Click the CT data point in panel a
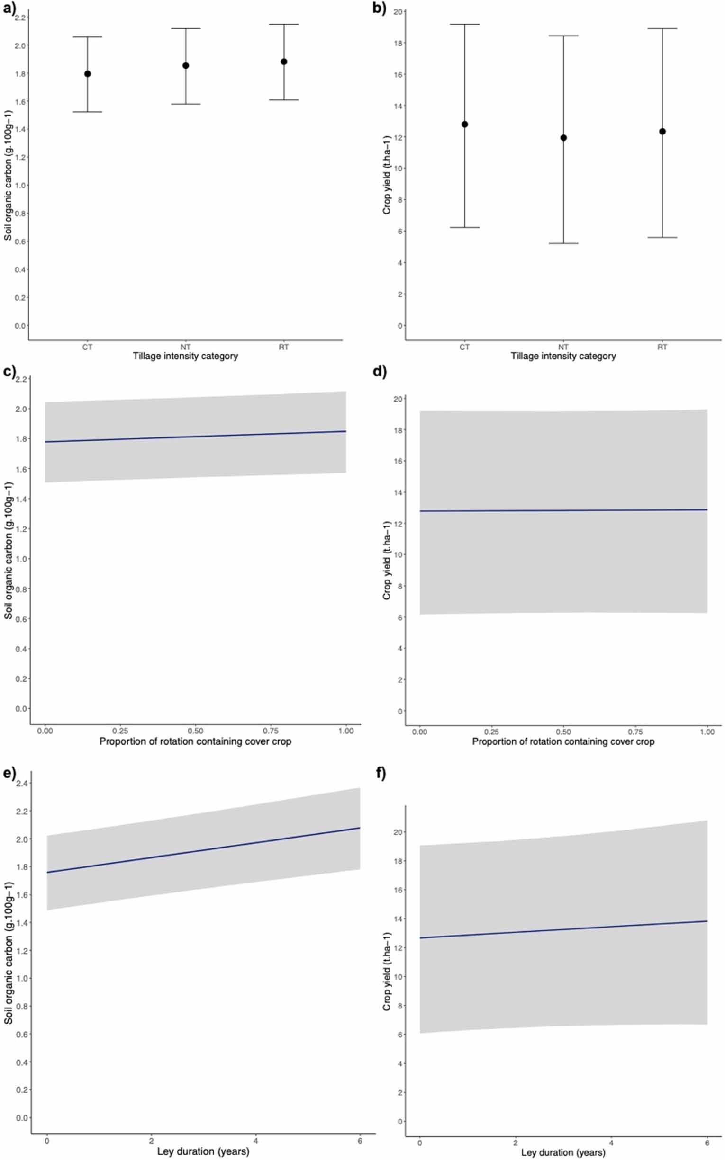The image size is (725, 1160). pos(87,74)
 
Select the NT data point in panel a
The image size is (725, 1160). pos(186,66)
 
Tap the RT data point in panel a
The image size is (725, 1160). pos(284,62)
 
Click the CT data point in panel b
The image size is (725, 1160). pos(465,125)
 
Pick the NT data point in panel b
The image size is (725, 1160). pos(563,138)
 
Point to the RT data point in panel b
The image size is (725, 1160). pos(662,131)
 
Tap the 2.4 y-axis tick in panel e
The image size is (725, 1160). pos(21,784)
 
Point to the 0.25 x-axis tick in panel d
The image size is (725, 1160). pos(491,732)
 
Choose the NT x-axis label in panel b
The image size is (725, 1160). pos(563,347)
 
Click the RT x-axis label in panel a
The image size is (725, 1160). pos(284,347)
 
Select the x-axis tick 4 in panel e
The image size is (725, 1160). pos(255,1141)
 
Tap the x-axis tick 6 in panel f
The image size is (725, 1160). pos(707,1143)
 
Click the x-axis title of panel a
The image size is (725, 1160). pos(185,356)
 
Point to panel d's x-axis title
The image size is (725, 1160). pos(563,742)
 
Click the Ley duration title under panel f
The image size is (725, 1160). pos(563,1153)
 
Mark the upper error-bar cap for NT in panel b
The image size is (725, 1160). pos(563,36)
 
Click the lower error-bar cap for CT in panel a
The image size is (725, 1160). pos(87,112)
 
